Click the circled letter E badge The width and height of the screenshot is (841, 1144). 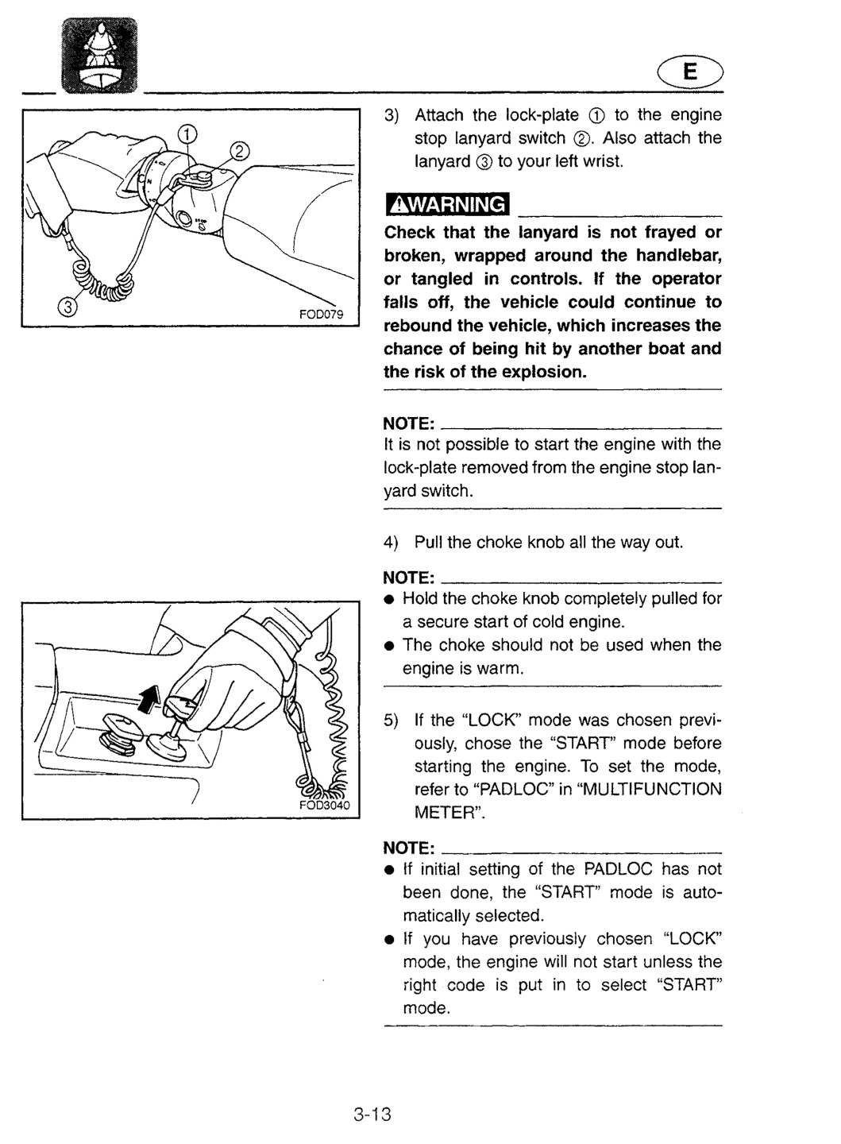click(690, 71)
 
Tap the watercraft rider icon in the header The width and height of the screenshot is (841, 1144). click(100, 55)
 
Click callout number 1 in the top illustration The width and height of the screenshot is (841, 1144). click(187, 134)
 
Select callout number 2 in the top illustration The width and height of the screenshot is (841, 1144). click(240, 152)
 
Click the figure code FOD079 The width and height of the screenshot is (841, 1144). click(321, 314)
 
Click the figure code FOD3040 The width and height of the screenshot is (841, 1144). click(325, 806)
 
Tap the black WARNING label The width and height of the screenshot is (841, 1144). click(447, 204)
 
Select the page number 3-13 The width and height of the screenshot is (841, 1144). click(372, 1114)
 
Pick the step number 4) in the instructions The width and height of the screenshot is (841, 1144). click(391, 543)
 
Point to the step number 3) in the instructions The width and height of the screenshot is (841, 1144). click(391, 115)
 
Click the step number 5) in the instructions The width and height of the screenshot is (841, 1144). click(391, 721)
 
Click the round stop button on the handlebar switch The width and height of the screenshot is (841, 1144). click(183, 218)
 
